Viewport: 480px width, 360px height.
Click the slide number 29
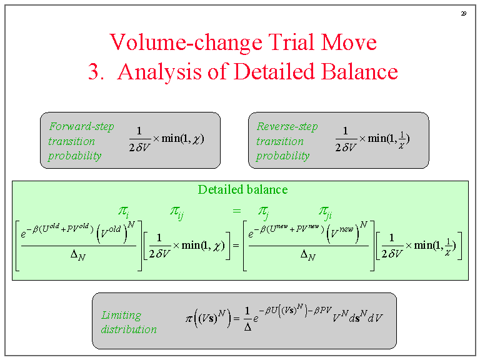pyautogui.click(x=464, y=13)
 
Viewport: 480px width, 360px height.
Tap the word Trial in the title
pyautogui.click(x=289, y=42)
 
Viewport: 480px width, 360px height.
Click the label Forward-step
pyautogui.click(x=81, y=126)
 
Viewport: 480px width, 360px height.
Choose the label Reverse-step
pyautogui.click(x=287, y=126)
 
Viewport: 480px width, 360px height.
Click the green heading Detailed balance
pyautogui.click(x=242, y=189)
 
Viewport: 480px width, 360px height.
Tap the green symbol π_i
pyautogui.click(x=123, y=211)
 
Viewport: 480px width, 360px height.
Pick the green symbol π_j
pyautogui.click(x=264, y=211)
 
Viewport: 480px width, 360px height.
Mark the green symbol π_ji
pyautogui.click(x=325, y=211)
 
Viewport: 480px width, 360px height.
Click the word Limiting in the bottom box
pyautogui.click(x=121, y=315)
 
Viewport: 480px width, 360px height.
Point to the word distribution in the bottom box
pyautogui.click(x=129, y=329)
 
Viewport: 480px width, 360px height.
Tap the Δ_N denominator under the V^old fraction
pyautogui.click(x=79, y=255)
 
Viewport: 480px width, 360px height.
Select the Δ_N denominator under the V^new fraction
pyautogui.click(x=306, y=255)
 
